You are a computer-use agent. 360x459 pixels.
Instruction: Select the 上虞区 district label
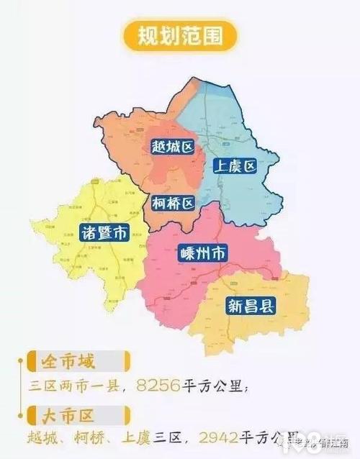coord(235,167)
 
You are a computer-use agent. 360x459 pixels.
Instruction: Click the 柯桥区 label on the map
coord(173,204)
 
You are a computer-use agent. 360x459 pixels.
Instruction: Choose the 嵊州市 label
coord(202,253)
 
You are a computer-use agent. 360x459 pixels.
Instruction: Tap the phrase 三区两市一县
coord(79,386)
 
